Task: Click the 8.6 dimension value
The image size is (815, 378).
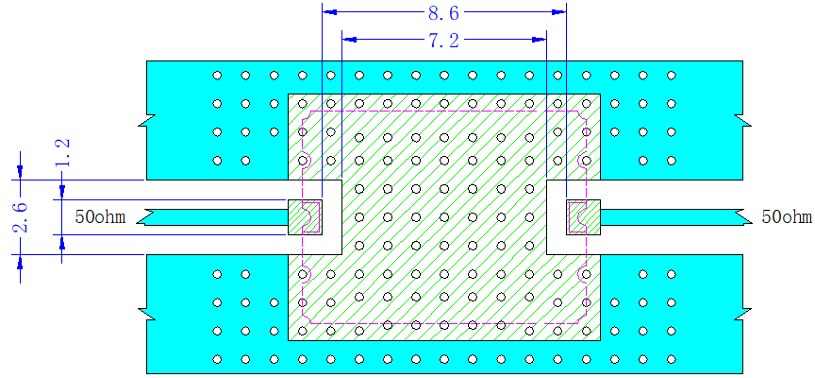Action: (x=443, y=13)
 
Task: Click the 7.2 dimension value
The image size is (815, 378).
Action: (x=443, y=40)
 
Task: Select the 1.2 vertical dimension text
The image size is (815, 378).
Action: (x=63, y=154)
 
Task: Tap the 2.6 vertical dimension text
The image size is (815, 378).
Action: (x=22, y=216)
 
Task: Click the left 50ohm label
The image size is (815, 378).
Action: (x=100, y=216)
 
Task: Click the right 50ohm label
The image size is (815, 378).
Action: (x=787, y=216)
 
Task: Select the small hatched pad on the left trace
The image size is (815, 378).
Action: (x=305, y=216)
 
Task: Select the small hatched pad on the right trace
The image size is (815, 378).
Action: (x=583, y=216)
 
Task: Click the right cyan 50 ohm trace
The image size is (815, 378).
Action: (x=675, y=216)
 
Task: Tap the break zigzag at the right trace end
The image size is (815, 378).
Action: (x=745, y=216)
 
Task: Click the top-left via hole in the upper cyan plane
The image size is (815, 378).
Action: (x=217, y=76)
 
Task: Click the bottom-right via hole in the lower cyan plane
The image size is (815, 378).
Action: (x=672, y=359)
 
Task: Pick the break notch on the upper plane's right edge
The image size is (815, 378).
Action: (x=745, y=120)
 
